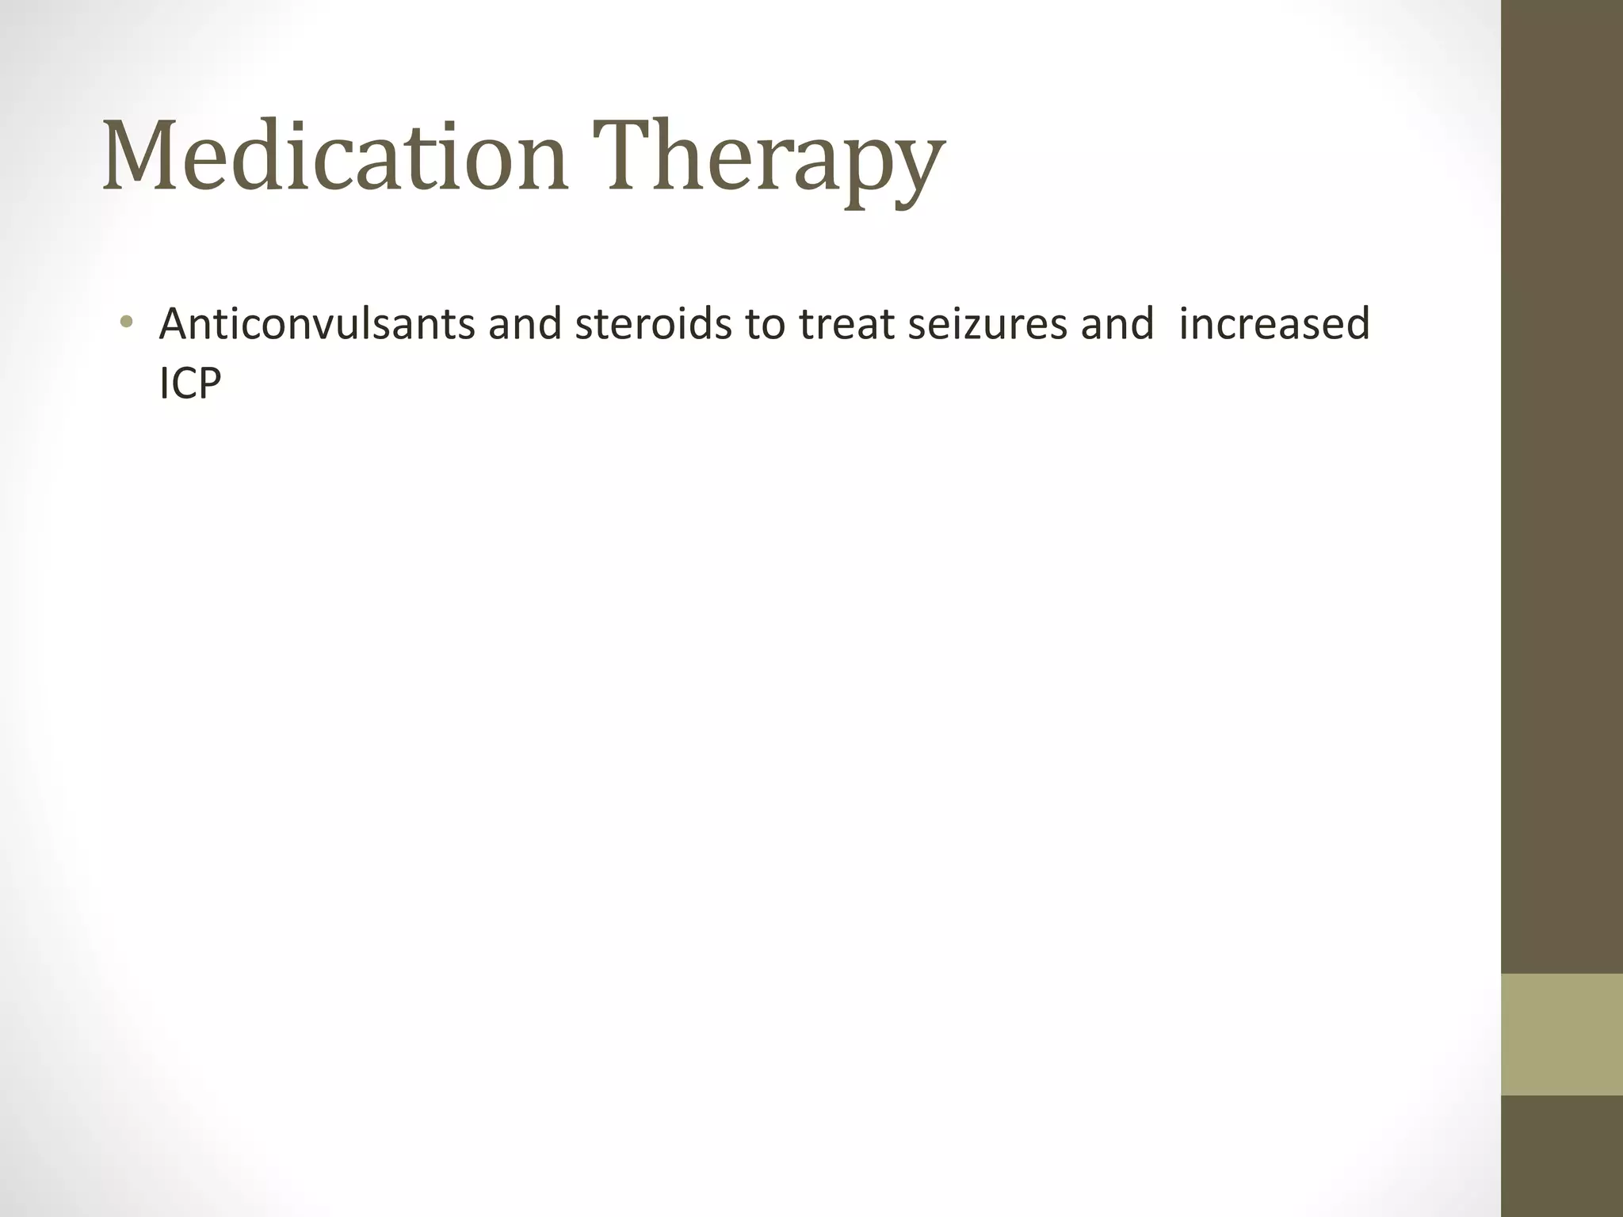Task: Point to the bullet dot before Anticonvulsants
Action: pyautogui.click(x=125, y=322)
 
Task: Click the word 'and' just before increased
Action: pyautogui.click(x=1117, y=324)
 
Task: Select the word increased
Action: pyautogui.click(x=1274, y=324)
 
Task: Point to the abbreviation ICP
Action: pyautogui.click(x=190, y=384)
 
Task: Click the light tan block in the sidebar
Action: pyautogui.click(x=1561, y=1034)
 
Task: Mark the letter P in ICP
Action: pyautogui.click(x=208, y=384)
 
